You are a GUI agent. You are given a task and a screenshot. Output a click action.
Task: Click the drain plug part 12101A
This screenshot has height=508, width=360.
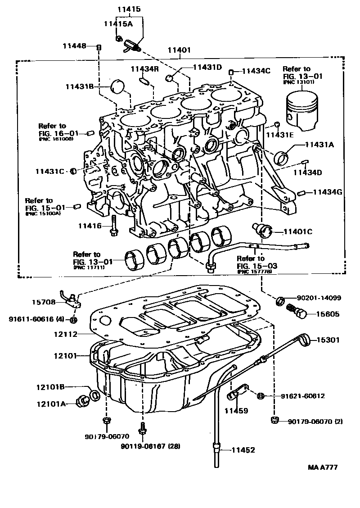pyautogui.click(x=84, y=399)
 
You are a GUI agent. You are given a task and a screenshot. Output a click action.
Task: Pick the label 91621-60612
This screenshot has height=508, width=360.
pyautogui.click(x=302, y=396)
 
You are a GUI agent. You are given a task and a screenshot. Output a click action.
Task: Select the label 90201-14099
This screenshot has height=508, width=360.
pyautogui.click(x=318, y=298)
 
